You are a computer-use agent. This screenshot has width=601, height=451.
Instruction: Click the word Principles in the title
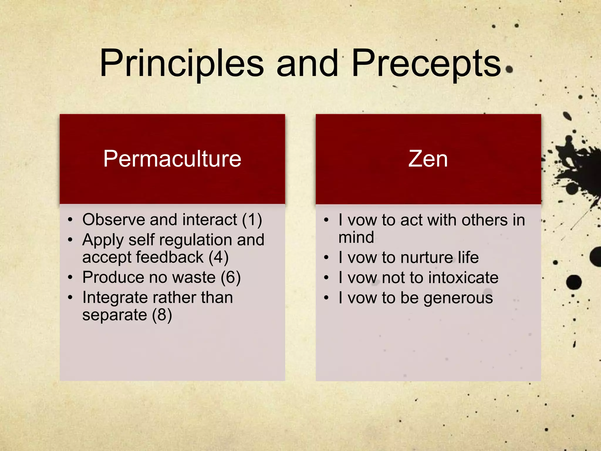(182, 64)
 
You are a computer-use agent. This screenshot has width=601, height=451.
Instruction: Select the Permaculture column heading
(172, 159)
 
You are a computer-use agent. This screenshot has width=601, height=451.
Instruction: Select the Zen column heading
(428, 159)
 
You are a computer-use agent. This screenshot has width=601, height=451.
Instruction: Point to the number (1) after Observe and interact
(252, 220)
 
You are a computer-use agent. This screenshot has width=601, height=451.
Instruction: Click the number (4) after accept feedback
(218, 257)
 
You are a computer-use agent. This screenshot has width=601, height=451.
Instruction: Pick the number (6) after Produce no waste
(231, 277)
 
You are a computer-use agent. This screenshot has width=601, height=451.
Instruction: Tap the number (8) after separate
(162, 315)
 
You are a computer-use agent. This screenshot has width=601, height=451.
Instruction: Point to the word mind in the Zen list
(356, 237)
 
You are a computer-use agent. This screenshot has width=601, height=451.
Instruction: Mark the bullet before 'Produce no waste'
(70, 277)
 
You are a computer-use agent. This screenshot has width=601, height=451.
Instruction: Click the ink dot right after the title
(509, 69)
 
